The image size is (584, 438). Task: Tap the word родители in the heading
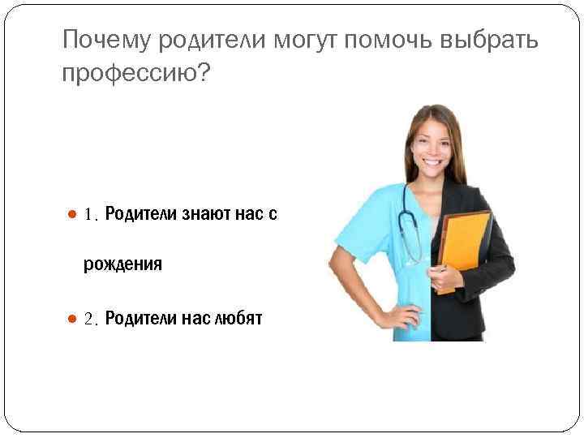click(x=213, y=39)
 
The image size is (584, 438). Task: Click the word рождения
click(x=123, y=264)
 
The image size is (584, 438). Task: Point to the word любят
click(x=238, y=319)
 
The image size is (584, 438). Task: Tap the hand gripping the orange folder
click(x=444, y=281)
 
